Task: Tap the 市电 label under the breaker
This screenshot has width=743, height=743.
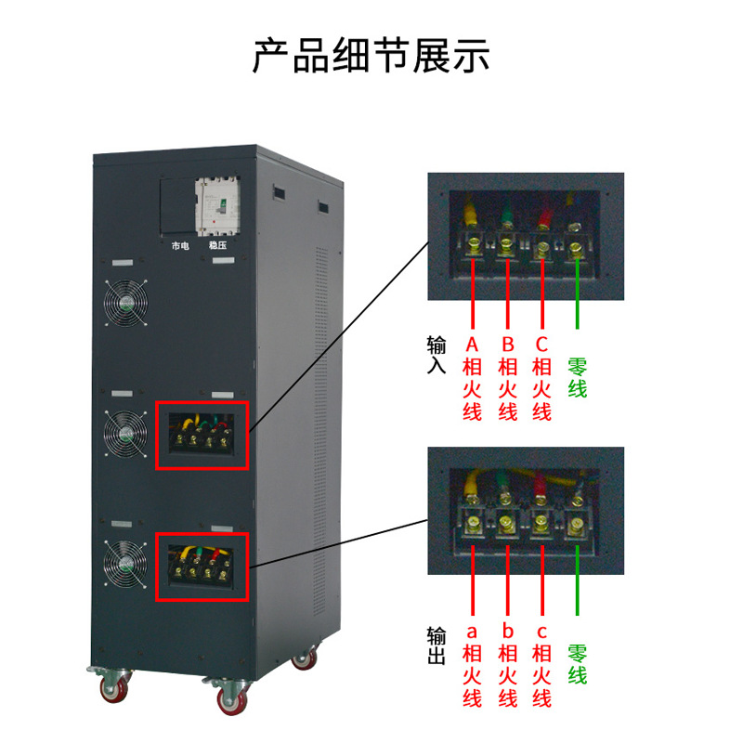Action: point(180,246)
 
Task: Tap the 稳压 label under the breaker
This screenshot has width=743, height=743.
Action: point(217,246)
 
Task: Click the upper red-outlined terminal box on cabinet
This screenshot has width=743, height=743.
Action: point(202,435)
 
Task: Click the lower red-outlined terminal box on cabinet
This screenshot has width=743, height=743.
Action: point(202,565)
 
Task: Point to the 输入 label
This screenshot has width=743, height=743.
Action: point(437,356)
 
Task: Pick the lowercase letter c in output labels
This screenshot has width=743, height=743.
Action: point(542,632)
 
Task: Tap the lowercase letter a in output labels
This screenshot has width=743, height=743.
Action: point(472,632)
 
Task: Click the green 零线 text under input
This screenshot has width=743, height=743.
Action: point(577,376)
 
